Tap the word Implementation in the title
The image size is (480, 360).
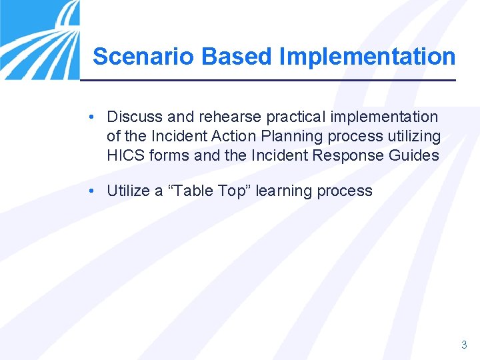367,57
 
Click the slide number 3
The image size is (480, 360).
464,345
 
